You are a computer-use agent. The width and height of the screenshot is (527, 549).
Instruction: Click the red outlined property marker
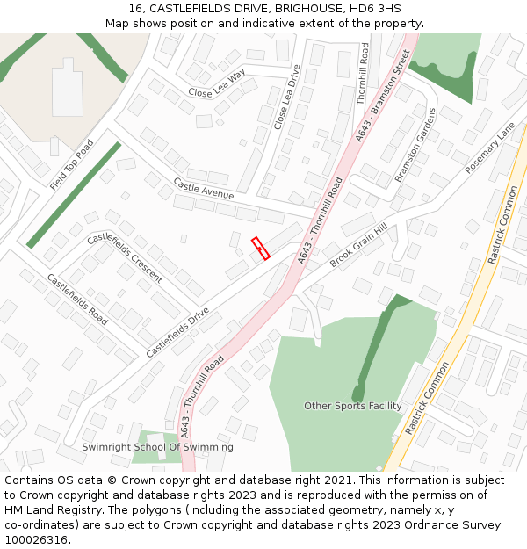click(260, 249)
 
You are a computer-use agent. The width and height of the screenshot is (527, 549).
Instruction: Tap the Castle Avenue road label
click(203, 188)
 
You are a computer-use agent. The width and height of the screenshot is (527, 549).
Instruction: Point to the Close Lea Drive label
click(287, 98)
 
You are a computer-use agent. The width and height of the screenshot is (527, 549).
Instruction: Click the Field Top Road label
click(72, 165)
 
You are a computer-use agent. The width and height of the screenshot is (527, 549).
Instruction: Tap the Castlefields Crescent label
click(125, 257)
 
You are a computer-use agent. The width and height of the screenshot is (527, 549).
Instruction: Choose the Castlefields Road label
click(77, 300)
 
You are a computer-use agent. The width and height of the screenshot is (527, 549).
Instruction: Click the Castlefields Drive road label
click(177, 331)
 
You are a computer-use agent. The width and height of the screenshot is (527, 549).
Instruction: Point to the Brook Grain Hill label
click(358, 245)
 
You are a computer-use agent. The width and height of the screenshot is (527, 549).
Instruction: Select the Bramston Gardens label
click(415, 145)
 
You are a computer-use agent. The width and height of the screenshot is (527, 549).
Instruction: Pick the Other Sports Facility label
click(352, 406)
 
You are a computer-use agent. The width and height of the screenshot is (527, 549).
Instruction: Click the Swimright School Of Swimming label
click(158, 447)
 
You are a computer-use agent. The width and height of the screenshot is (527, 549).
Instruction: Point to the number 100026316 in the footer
click(35, 540)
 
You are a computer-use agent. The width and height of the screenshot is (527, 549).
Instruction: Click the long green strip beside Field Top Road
click(74, 195)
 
